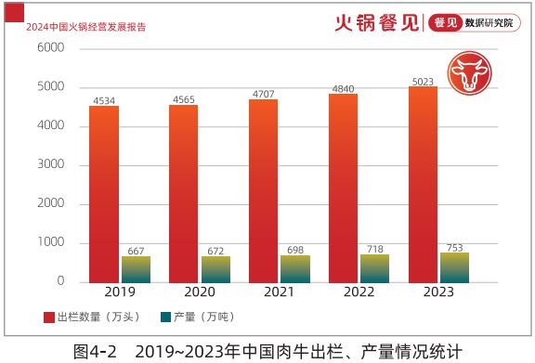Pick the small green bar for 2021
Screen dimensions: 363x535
(294, 268)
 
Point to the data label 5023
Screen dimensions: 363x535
(423, 81)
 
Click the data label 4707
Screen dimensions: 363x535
(264, 93)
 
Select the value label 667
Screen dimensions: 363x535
(136, 250)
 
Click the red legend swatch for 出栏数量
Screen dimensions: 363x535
(48, 317)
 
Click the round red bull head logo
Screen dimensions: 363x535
(466, 73)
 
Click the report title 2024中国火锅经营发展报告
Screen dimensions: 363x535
(81, 27)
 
